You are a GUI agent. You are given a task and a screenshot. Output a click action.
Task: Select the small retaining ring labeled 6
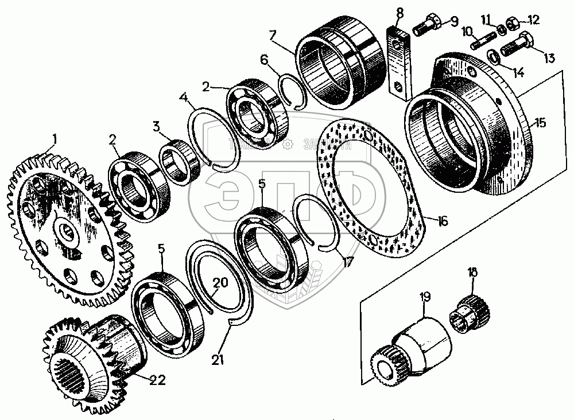pos(294,90)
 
